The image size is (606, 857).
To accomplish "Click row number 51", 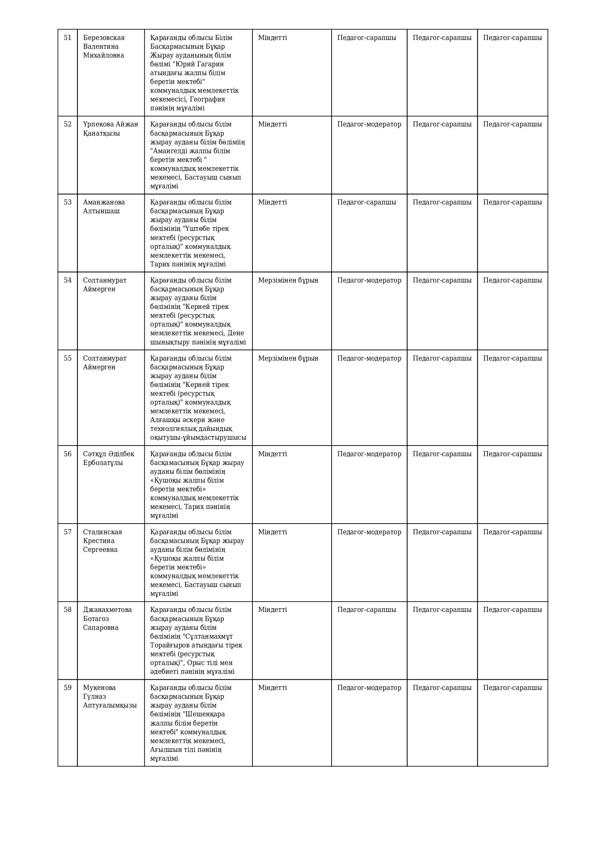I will pos(67,38).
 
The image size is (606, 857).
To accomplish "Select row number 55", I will pos(67,358).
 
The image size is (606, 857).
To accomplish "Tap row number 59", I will pos(67,687).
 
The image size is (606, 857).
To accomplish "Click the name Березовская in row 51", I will pos(104,38).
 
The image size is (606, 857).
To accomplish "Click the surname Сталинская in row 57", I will pos(103,532).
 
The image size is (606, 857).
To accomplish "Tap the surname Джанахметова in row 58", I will pos(107,610).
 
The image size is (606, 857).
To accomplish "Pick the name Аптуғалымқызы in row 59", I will pos(110,705).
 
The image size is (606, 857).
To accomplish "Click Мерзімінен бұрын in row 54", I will pos(288,280).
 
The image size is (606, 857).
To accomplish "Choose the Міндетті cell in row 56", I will pos(272,454).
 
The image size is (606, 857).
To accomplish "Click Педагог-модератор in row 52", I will pos(369,124).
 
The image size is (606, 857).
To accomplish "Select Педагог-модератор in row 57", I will pos(369,532).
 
